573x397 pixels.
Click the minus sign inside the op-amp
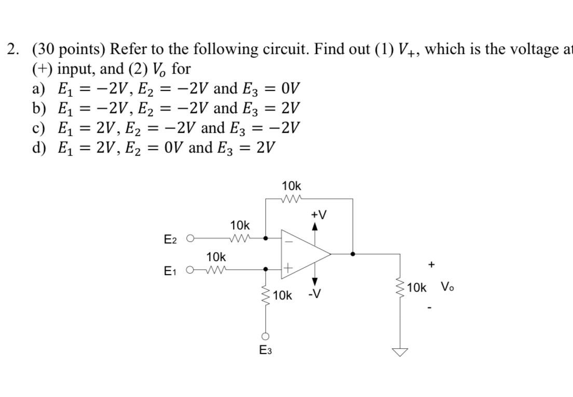coord(289,240)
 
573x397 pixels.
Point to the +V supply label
coord(318,215)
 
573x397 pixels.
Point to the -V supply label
coord(314,296)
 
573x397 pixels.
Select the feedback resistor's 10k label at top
coord(291,185)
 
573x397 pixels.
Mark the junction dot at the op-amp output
coord(353,254)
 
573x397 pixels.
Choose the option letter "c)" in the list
coord(39,128)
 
